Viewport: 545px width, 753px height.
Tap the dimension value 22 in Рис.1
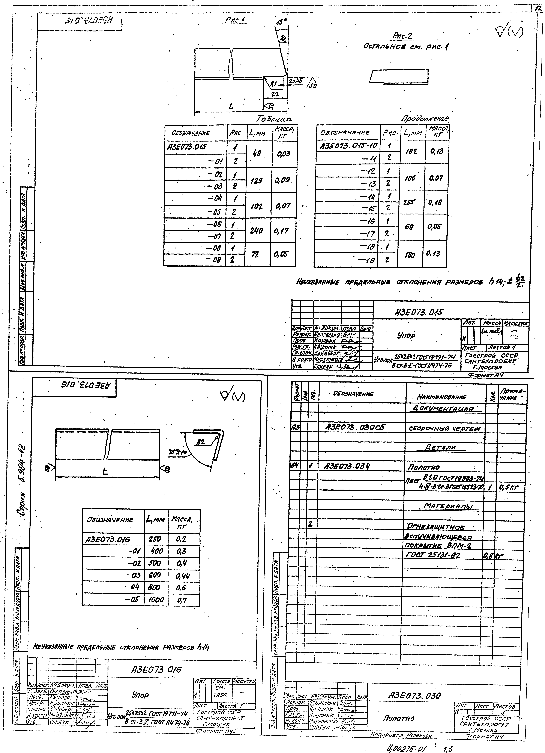tap(275, 94)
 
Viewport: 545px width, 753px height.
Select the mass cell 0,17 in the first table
tap(283, 230)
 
